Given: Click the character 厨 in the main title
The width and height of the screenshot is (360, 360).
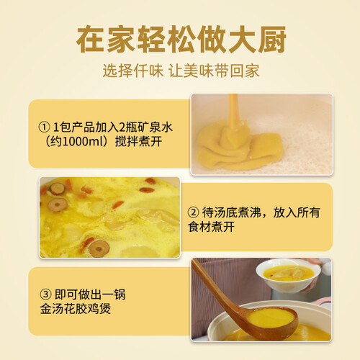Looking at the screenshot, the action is [272, 39].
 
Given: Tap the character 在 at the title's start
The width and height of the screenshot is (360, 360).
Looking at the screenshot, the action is [91, 39].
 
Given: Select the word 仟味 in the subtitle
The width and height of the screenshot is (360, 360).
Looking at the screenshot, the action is [148, 71].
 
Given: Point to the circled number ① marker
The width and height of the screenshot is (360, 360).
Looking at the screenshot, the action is [44, 127].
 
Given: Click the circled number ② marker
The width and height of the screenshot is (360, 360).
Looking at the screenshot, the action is [193, 212].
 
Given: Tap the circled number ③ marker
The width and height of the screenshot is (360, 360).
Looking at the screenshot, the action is [45, 294].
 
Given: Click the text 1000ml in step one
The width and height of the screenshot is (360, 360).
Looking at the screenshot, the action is [78, 142].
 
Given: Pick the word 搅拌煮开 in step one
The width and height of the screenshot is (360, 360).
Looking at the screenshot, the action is [138, 142].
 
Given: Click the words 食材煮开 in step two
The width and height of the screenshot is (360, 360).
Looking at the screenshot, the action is [211, 227].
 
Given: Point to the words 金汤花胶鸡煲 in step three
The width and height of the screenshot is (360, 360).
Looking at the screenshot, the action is [76, 309].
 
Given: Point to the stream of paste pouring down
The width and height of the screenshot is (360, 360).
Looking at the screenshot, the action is [234, 110].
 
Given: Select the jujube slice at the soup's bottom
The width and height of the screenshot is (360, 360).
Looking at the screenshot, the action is [99, 248].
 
